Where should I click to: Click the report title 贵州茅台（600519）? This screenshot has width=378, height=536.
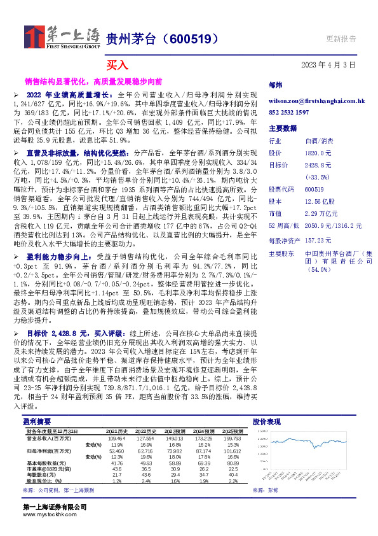pyautogui.click(x=162, y=39)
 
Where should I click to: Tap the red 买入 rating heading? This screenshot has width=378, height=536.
pyautogui.click(x=117, y=65)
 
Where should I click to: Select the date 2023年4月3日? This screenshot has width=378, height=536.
pyautogui.click(x=328, y=65)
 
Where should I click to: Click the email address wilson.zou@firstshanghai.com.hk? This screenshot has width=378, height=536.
pyautogui.click(x=316, y=101)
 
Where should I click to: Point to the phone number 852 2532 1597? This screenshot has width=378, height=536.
pyautogui.click(x=288, y=112)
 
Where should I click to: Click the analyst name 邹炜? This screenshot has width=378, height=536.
pyautogui.click(x=275, y=85)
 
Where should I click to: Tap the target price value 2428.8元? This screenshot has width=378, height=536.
pyautogui.click(x=318, y=165)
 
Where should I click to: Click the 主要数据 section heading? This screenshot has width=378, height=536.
pyautogui.click(x=282, y=128)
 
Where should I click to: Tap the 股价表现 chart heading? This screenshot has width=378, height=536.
pyautogui.click(x=266, y=422)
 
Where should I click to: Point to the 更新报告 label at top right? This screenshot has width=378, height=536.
pyautogui.click(x=341, y=38)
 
